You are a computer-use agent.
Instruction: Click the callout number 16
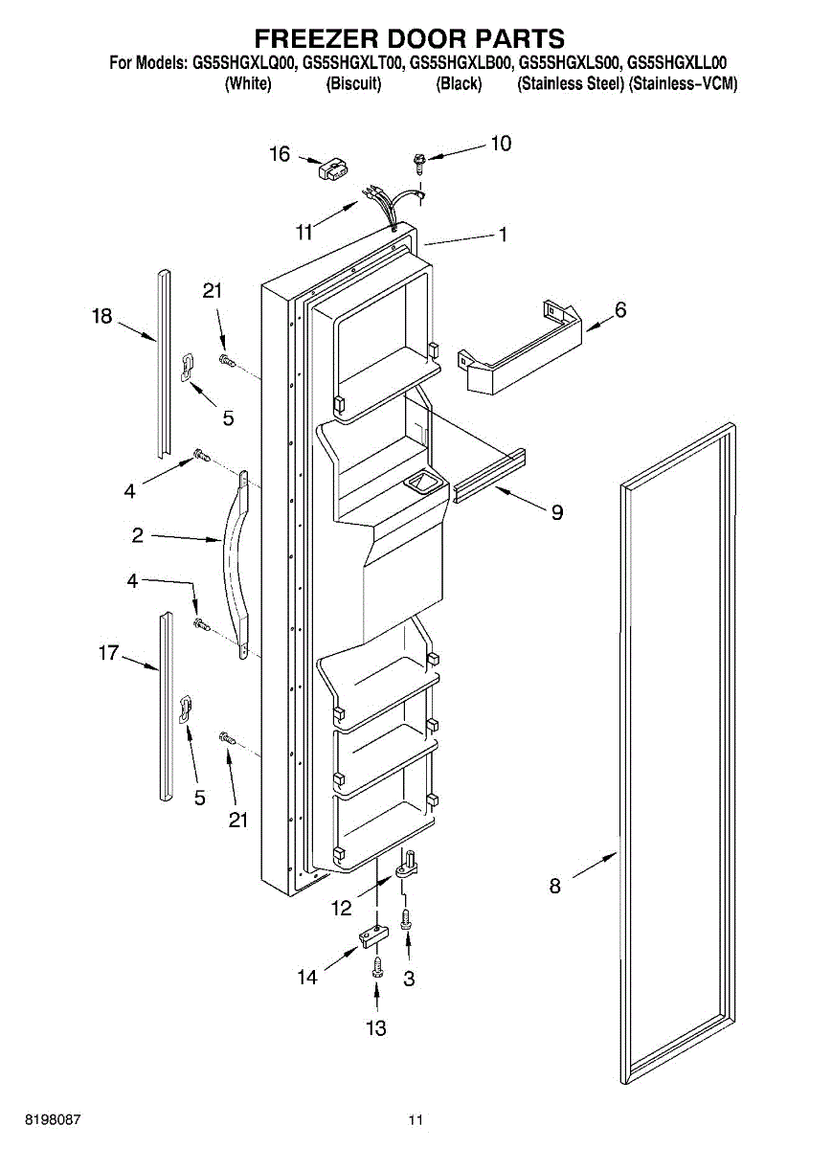point(279,153)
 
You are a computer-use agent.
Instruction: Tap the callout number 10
point(500,144)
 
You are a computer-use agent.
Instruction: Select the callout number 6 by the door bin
point(620,310)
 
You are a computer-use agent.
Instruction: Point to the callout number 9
point(556,512)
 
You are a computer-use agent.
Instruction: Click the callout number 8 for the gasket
point(555,886)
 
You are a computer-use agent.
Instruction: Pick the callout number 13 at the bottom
point(376,1028)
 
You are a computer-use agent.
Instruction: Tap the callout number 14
point(306,978)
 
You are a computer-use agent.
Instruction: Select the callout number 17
point(108,653)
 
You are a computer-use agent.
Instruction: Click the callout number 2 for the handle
point(138,535)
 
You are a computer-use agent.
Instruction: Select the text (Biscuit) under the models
point(353,84)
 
